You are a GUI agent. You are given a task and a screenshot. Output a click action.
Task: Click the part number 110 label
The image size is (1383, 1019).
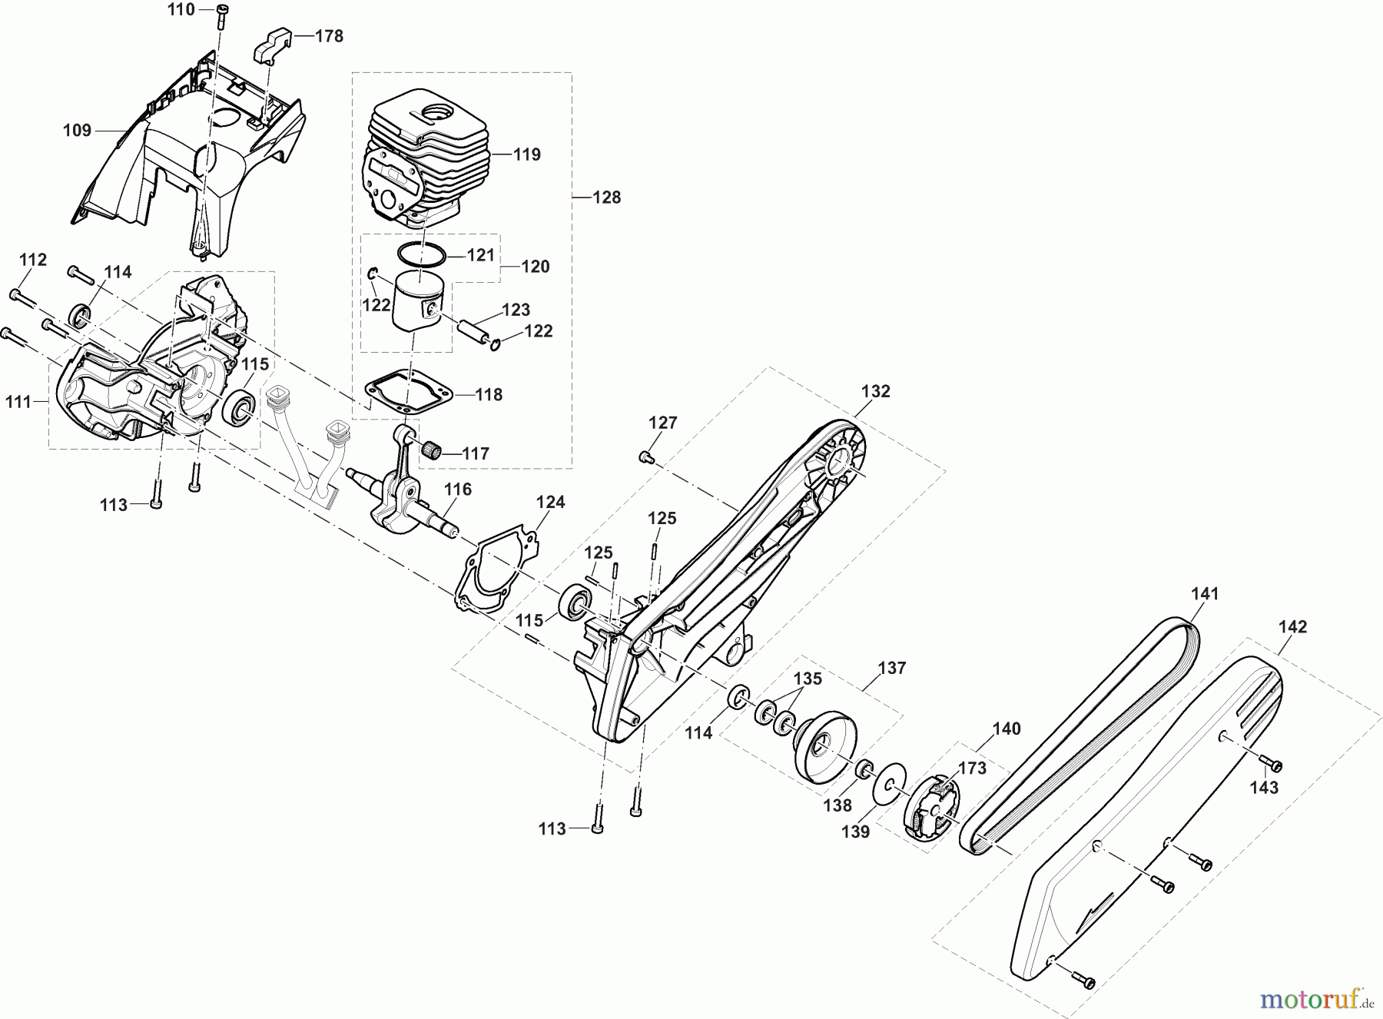(x=181, y=9)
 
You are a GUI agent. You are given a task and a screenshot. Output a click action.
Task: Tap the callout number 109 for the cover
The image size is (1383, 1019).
(x=77, y=131)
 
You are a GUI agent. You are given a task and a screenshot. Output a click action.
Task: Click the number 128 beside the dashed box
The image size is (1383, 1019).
(x=607, y=197)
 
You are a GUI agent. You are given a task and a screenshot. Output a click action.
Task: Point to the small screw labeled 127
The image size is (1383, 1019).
(x=645, y=458)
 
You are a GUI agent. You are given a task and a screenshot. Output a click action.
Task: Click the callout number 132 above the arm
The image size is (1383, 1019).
(x=875, y=391)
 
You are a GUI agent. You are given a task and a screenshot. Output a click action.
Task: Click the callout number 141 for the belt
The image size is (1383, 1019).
(x=1205, y=594)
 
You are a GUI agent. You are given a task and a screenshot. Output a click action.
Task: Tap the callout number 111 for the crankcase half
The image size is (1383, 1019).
(x=18, y=401)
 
